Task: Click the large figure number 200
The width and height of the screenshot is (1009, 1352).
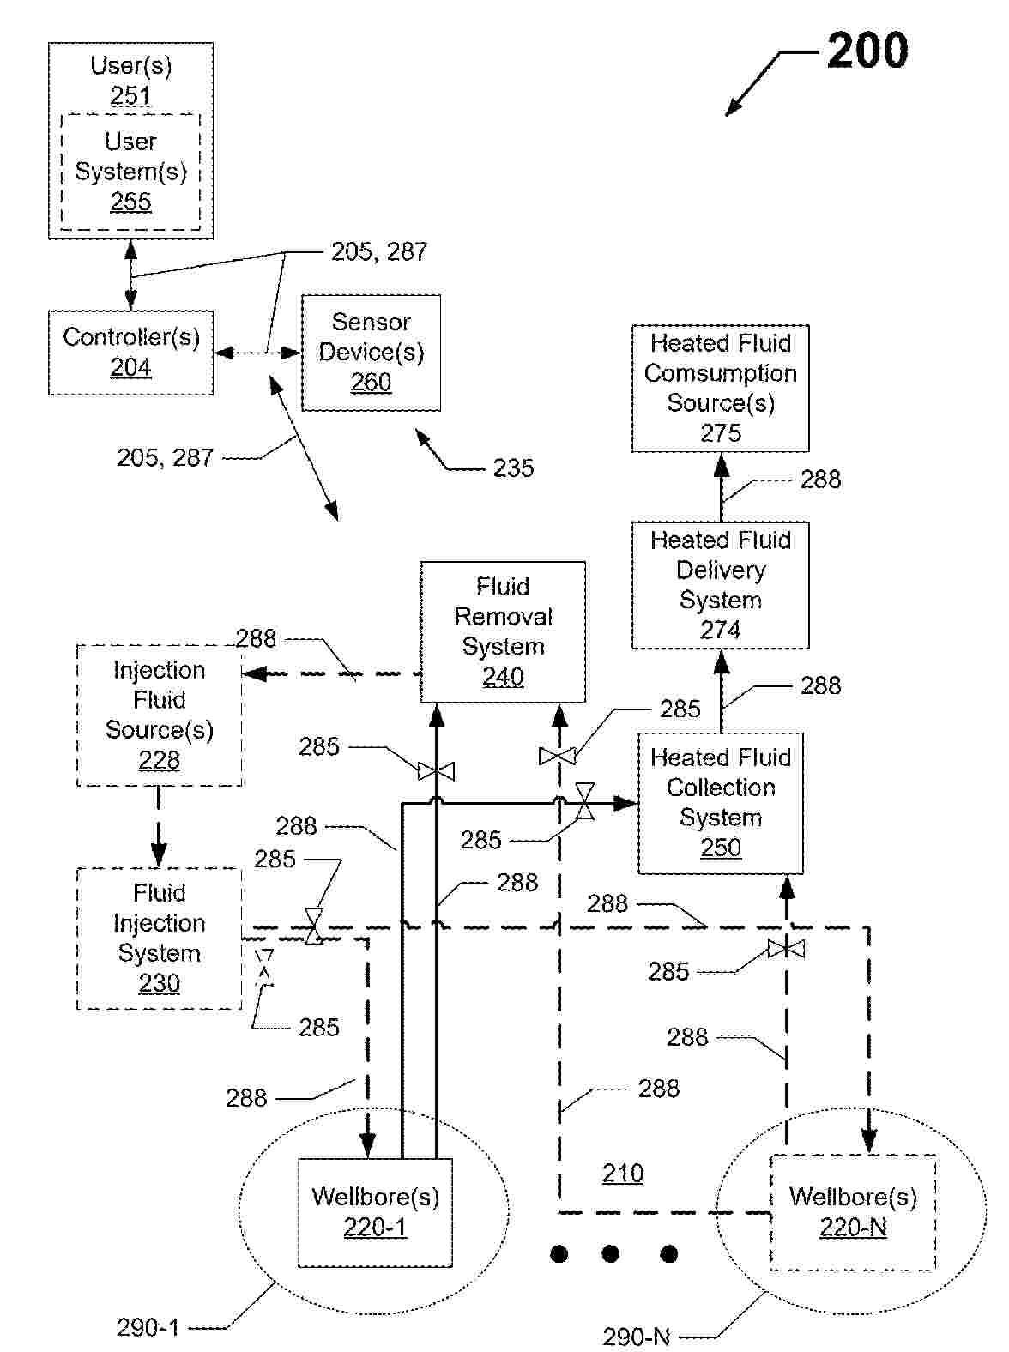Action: (x=867, y=51)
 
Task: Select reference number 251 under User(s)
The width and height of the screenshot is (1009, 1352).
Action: (x=130, y=95)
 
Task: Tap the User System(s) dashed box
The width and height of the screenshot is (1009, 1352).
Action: (x=130, y=172)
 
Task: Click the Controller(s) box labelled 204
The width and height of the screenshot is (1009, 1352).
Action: (x=130, y=353)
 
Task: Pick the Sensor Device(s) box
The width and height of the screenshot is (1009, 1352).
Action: (x=371, y=353)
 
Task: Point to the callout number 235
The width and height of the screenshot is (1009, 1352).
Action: (x=513, y=468)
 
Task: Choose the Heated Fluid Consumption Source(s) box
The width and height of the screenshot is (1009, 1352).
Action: (x=720, y=388)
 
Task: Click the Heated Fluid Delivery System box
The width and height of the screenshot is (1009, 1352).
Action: (x=720, y=585)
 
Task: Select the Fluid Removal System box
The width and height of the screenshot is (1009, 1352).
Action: (x=503, y=632)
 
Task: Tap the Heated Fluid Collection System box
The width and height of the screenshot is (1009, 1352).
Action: (x=720, y=803)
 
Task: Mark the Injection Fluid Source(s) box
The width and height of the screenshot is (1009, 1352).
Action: (x=159, y=715)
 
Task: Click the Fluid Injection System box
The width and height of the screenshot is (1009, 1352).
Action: (x=159, y=939)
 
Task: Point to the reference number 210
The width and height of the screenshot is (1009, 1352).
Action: (x=622, y=1174)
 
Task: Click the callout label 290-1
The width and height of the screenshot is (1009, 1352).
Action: (x=148, y=1328)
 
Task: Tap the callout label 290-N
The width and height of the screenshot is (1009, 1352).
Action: (x=636, y=1337)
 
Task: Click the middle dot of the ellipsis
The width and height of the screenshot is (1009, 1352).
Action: (x=610, y=1254)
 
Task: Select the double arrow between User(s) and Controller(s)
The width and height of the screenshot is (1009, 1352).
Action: (x=130, y=275)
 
